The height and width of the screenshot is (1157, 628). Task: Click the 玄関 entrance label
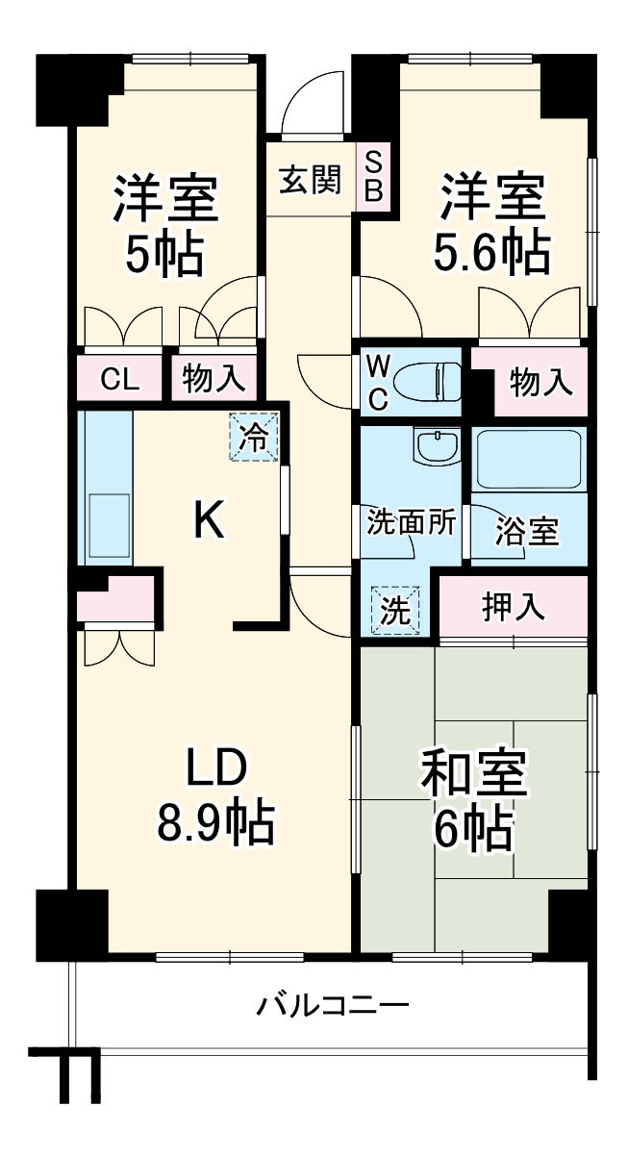[310, 180]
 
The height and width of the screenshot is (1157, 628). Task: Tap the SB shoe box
[374, 175]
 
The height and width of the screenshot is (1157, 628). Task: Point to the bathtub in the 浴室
[529, 459]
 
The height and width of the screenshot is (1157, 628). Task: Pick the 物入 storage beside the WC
[540, 382]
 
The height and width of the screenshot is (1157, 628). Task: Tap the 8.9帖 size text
[215, 822]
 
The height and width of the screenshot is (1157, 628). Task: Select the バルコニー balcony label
[333, 1007]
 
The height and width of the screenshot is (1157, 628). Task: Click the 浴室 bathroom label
[527, 530]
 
